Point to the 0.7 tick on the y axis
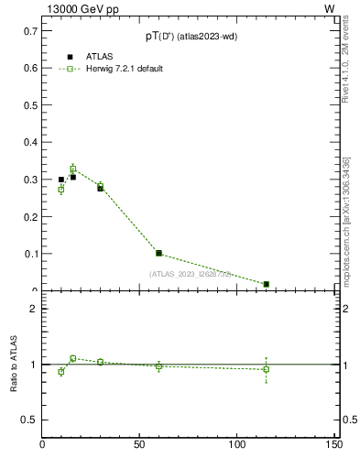tap(30, 30)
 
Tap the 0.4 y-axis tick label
tap(30, 142)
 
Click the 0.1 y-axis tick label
tap(30, 254)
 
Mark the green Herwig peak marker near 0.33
tap(73, 169)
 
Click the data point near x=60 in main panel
tap(158, 253)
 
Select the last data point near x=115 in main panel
tap(266, 284)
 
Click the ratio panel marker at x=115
tap(266, 369)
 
